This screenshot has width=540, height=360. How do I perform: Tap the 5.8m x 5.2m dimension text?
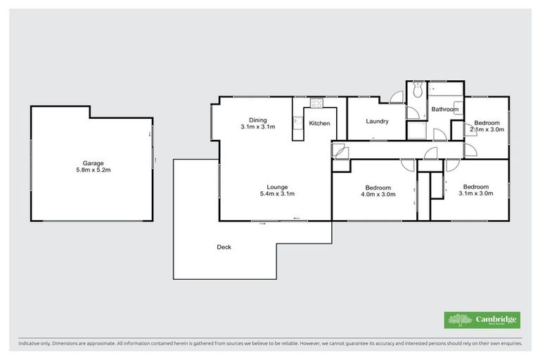tap(91, 170)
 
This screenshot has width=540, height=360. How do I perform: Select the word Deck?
tap(224, 247)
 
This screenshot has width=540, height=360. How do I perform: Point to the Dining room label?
tap(257, 119)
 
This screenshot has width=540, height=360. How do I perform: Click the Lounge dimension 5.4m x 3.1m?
tap(276, 194)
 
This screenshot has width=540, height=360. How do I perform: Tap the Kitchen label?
tap(319, 124)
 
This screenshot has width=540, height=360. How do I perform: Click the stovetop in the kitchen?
tap(316, 104)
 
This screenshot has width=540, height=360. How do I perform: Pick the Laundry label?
tap(377, 121)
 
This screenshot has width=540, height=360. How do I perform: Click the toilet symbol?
tap(417, 89)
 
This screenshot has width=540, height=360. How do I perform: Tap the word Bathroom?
tap(445, 109)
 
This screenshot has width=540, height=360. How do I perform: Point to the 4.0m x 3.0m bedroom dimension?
tap(380, 195)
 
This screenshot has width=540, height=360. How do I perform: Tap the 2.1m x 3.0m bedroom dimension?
tap(487, 129)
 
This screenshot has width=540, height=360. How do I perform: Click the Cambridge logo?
tap(482, 320)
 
